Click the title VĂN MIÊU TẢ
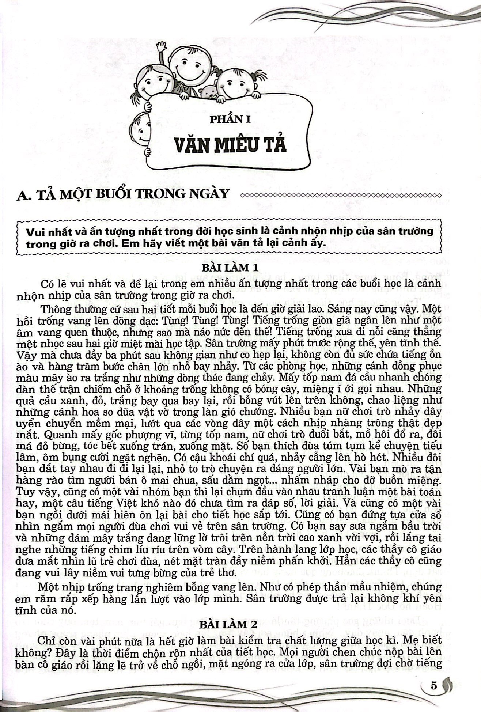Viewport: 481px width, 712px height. pyautogui.click(x=230, y=145)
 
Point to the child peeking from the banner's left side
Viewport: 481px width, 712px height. pyautogui.click(x=139, y=124)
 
